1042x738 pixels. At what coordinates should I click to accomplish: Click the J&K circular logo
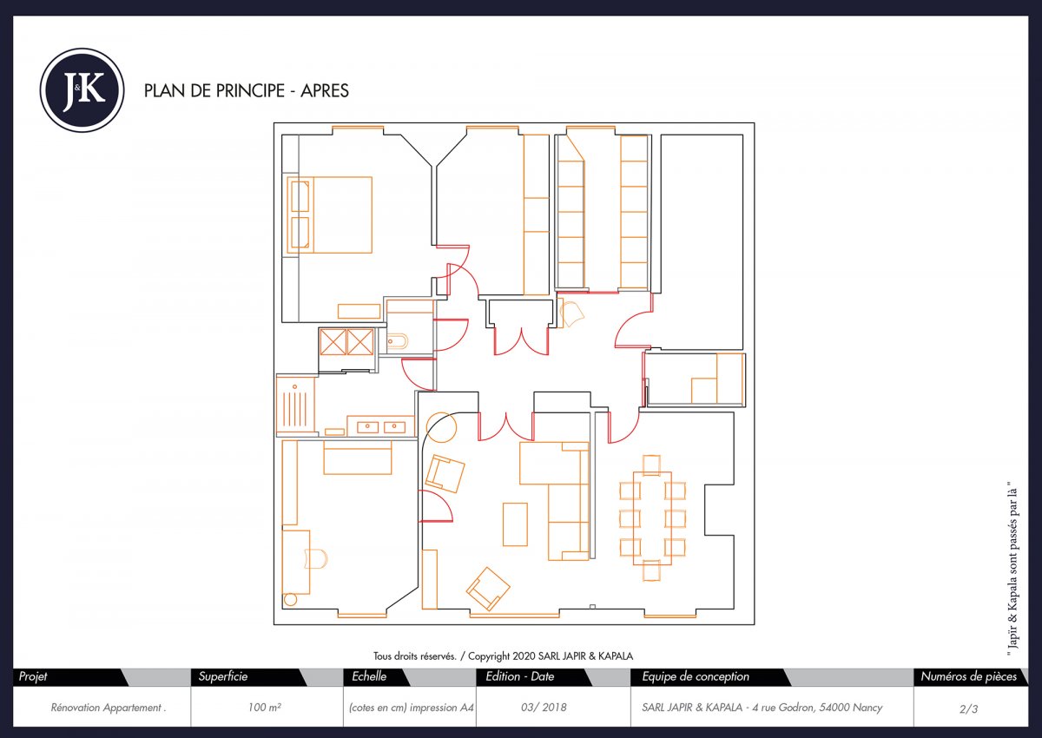point(82,90)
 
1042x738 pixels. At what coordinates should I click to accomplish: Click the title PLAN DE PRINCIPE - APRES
point(246,91)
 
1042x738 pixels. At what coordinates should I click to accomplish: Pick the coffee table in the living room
point(515,524)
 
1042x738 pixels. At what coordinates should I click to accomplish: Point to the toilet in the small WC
point(396,341)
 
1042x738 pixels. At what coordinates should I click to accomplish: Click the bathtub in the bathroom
point(295,405)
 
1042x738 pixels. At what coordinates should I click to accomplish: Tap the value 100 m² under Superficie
point(264,708)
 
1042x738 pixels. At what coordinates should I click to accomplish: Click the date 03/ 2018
point(544,708)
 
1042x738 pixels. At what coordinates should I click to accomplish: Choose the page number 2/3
point(968,708)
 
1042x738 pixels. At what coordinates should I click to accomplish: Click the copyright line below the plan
point(509,656)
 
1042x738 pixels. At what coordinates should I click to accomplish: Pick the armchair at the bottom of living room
point(488,589)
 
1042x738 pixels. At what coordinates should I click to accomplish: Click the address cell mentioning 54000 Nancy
point(771,708)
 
